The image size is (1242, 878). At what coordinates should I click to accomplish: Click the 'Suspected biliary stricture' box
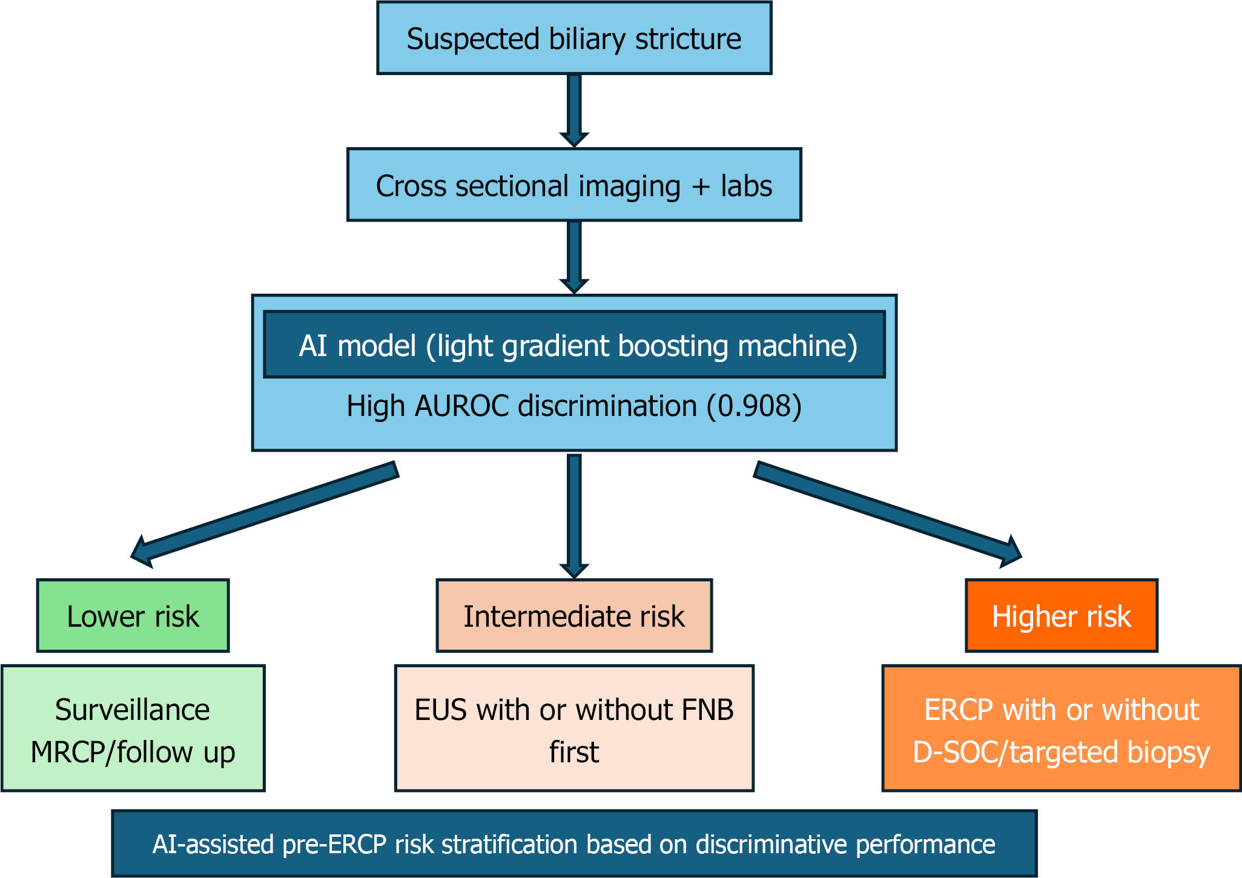574,38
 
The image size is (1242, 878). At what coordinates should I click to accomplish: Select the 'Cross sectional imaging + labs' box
574,185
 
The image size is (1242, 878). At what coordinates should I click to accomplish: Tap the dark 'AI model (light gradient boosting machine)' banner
574,345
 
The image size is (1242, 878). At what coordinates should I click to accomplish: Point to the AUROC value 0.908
754,406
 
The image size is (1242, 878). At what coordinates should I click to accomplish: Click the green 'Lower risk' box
133,616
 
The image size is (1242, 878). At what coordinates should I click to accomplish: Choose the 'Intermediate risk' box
574,616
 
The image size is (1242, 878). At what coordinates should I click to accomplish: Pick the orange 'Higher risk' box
1062,616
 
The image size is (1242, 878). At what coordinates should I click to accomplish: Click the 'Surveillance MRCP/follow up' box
133,728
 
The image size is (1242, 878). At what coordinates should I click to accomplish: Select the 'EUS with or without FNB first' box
574,728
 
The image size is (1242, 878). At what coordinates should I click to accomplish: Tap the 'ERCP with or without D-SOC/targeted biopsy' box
1062,728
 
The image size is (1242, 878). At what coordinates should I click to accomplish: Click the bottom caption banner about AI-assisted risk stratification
574,843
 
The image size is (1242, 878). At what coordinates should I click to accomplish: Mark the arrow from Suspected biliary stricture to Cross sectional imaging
574,111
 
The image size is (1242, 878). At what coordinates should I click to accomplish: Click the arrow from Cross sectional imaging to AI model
574,257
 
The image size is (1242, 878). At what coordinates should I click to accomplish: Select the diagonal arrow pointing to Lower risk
265,515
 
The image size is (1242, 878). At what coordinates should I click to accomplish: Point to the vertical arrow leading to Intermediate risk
574,516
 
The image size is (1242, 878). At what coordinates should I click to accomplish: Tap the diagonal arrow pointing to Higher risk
888,515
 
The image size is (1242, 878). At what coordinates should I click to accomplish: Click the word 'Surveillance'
133,710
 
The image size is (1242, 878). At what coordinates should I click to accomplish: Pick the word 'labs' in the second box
746,185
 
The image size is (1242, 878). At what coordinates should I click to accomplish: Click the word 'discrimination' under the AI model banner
607,406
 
